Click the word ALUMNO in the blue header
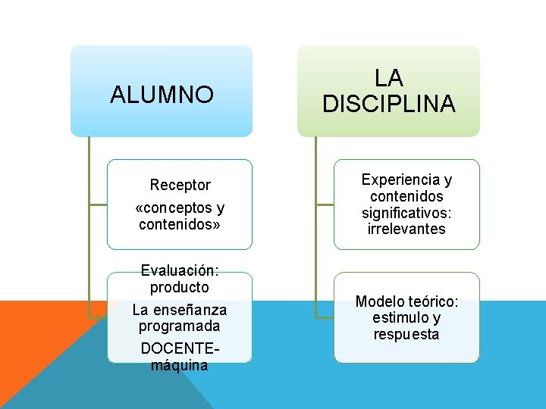pyautogui.click(x=162, y=95)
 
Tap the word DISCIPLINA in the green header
pyautogui.click(x=388, y=104)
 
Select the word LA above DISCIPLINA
pyautogui.click(x=388, y=78)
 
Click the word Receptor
pyautogui.click(x=180, y=185)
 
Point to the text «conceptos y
pyautogui.click(x=180, y=208)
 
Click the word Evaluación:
pyautogui.click(x=180, y=271)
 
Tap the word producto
pyautogui.click(x=180, y=288)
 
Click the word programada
pyautogui.click(x=180, y=326)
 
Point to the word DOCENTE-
pyautogui.click(x=180, y=348)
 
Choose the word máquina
pyautogui.click(x=180, y=365)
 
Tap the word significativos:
pyautogui.click(x=406, y=213)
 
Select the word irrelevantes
pyautogui.click(x=406, y=229)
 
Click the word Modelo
pyautogui.click(x=380, y=301)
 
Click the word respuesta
pyautogui.click(x=406, y=335)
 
